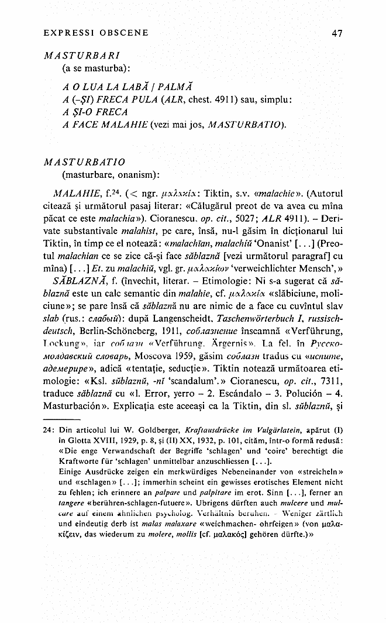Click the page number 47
point(336,33)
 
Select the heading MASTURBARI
point(82,57)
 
